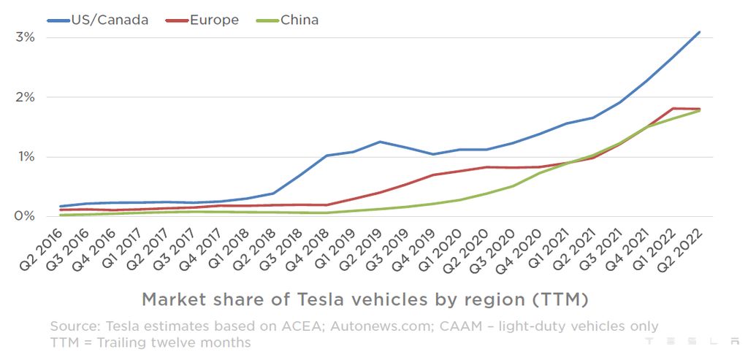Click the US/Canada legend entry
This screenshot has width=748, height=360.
[x=108, y=20]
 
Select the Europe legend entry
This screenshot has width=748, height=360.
[x=213, y=20]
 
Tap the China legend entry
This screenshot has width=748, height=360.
[x=299, y=20]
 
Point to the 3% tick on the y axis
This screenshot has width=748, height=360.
[x=26, y=37]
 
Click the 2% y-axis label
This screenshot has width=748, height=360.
[x=26, y=96]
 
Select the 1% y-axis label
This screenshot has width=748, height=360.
[x=26, y=156]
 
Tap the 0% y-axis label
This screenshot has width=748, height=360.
[x=26, y=216]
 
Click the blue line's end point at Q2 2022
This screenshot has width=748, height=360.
[x=700, y=32]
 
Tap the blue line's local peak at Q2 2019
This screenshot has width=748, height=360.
[x=380, y=142]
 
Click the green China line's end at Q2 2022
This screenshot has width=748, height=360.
[x=700, y=110]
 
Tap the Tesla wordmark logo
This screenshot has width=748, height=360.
[x=692, y=341]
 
